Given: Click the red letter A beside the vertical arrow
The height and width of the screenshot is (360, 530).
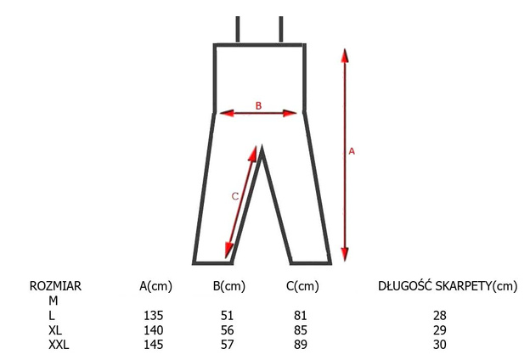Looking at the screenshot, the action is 352,151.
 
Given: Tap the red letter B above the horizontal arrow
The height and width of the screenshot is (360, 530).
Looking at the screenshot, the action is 258,106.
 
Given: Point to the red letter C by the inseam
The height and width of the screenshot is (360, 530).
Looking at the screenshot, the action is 235,196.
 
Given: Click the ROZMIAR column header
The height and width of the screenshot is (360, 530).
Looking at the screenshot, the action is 55,286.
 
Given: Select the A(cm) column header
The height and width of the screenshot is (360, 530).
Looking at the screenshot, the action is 155,286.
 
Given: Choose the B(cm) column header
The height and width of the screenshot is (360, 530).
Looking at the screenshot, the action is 228,286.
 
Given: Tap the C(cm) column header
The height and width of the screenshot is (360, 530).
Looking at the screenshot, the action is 302,286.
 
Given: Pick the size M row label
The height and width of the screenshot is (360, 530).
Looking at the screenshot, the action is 53,301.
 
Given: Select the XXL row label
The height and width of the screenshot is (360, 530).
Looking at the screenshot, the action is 59,345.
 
